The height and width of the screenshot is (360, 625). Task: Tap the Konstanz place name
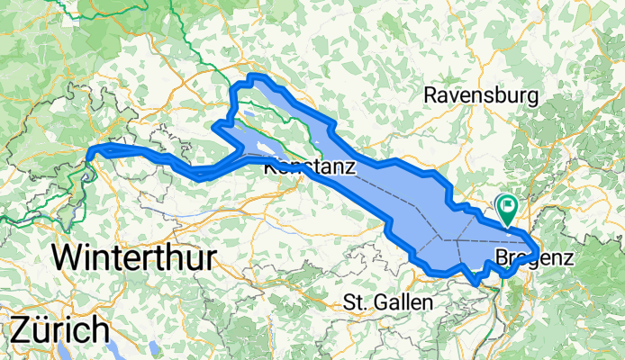[x=310, y=167]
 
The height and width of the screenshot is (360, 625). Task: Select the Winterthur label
[x=133, y=258]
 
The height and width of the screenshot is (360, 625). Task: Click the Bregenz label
[x=535, y=258]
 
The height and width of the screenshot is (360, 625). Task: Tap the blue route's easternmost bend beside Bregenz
[x=538, y=249]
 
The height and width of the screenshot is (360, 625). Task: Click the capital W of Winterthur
[x=67, y=258]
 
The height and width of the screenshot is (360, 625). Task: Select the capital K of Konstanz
[x=271, y=167]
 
